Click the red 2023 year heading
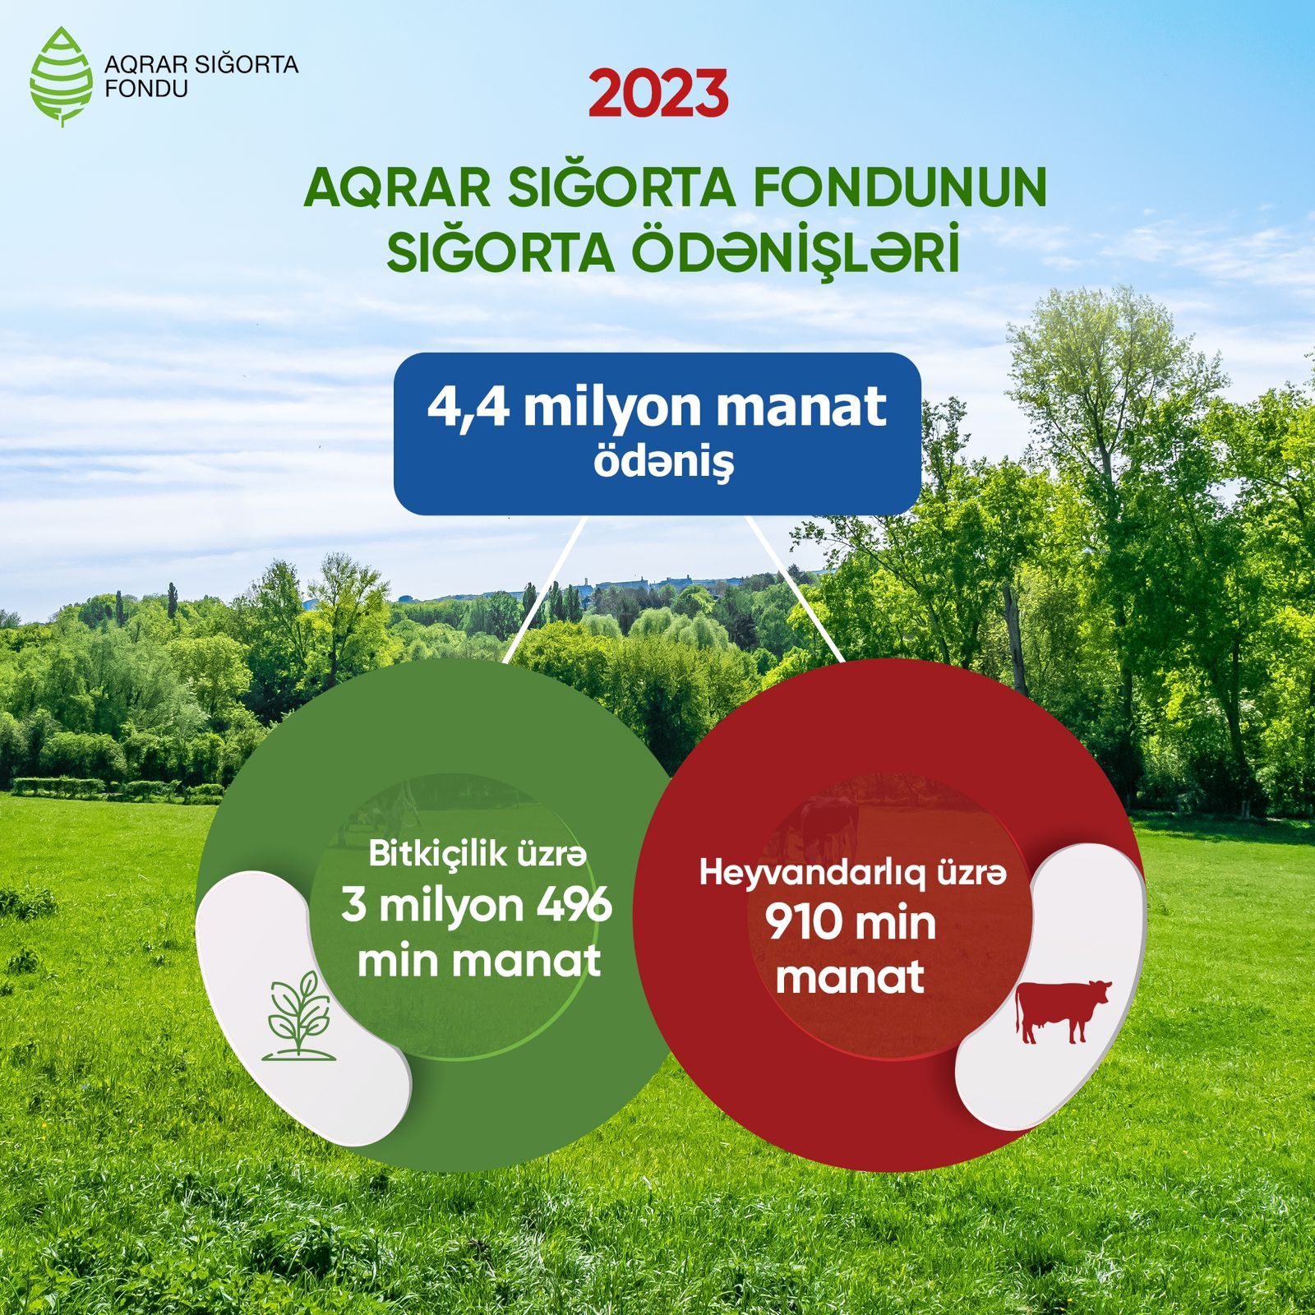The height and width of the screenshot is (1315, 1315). click(658, 95)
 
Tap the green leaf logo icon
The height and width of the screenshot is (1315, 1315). click(62, 76)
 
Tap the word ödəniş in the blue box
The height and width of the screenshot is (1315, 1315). click(663, 463)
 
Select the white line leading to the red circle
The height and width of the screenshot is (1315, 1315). click(794, 588)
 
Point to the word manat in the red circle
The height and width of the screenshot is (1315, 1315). click(850, 976)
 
